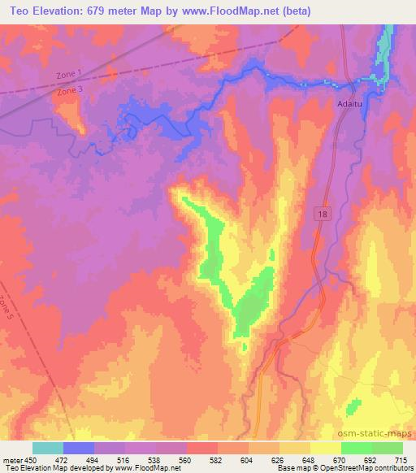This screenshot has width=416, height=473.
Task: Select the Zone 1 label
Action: pos(69,76)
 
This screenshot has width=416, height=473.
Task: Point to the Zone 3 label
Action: pos(69,93)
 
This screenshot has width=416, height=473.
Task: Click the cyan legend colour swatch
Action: pos(48,448)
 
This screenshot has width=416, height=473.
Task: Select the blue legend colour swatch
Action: pos(79,448)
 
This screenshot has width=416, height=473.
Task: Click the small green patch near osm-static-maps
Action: pos(354,406)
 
